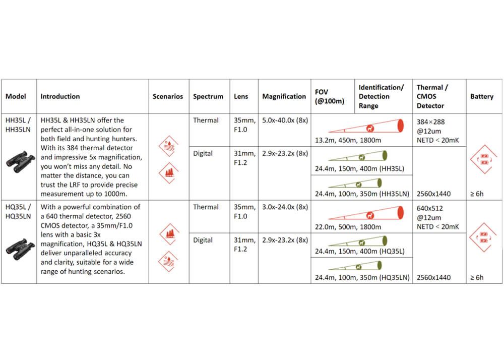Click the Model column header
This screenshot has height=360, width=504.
pyautogui.click(x=16, y=96)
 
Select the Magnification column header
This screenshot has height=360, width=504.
pyautogui.click(x=284, y=96)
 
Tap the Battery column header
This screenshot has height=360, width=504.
pyautogui.click(x=481, y=96)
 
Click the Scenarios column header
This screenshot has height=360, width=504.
pyautogui.click(x=168, y=96)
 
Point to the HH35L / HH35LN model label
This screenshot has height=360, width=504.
pyautogui.click(x=18, y=125)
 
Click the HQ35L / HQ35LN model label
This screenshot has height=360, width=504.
pyautogui.click(x=18, y=212)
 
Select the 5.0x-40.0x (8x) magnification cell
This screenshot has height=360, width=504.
pyautogui.click(x=285, y=121)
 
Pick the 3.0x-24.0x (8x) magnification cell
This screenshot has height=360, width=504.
pyautogui.click(x=285, y=207)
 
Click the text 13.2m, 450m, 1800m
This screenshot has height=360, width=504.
pyautogui.click(x=348, y=140)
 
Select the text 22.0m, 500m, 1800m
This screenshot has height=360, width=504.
pyautogui.click(x=348, y=227)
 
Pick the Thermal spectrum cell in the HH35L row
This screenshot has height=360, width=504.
pyautogui.click(x=206, y=121)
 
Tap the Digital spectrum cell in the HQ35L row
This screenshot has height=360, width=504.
pyautogui.click(x=203, y=241)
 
